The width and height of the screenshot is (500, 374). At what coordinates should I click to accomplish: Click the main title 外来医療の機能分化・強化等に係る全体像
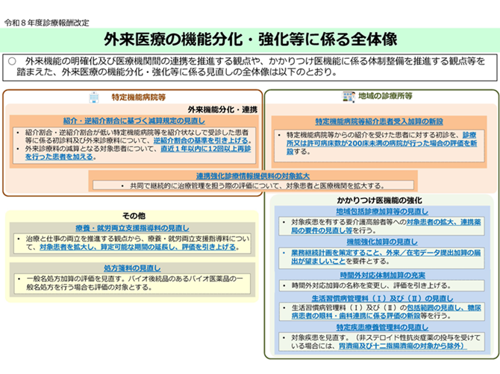pyautogui.click(x=250, y=37)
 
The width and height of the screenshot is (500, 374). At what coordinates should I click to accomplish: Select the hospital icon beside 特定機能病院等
pyautogui.click(x=94, y=97)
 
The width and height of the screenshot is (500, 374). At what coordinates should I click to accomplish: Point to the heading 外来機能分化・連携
pyautogui.click(x=222, y=109)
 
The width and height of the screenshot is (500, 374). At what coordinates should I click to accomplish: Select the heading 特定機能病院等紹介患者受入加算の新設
pyautogui.click(x=379, y=121)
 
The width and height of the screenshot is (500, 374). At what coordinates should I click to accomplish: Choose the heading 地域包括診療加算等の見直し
pyautogui.click(x=379, y=212)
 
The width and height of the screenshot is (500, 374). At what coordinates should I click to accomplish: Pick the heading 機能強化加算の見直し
pyautogui.click(x=379, y=242)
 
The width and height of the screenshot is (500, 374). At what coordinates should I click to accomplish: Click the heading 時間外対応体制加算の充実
pyautogui.click(x=379, y=275)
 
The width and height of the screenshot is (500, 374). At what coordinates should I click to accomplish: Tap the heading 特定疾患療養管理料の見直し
pyautogui.click(x=379, y=328)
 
